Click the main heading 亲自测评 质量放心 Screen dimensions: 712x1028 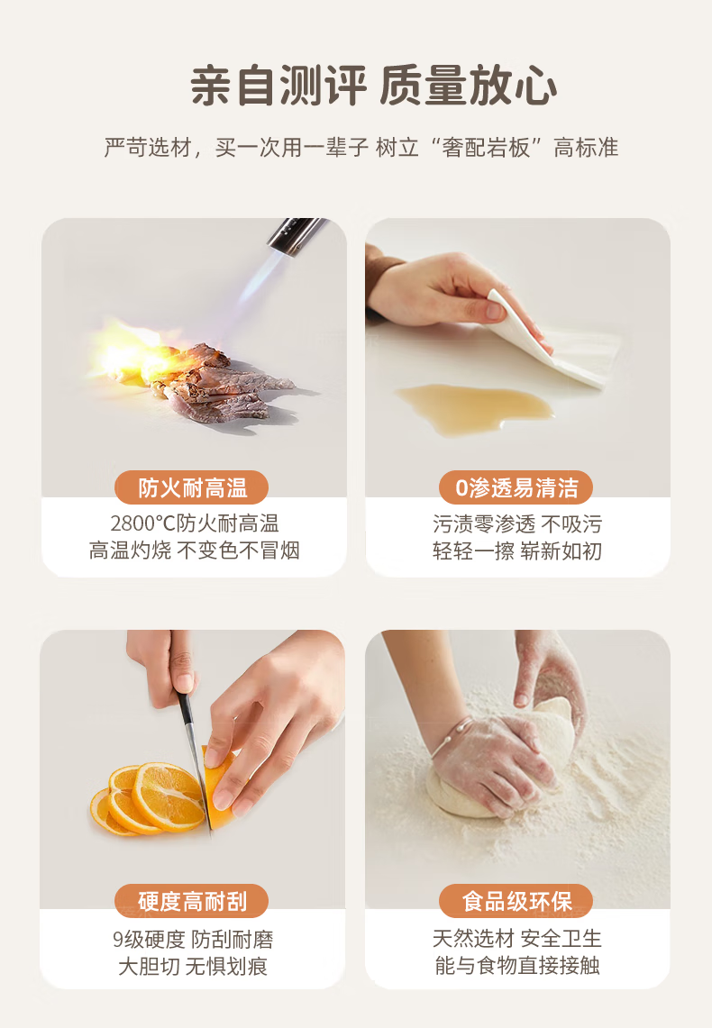tap(374, 86)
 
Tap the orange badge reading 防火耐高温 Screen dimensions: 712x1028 tap(191, 487)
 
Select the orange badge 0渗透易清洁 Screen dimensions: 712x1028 tap(516, 487)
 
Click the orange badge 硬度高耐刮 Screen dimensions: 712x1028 tap(191, 901)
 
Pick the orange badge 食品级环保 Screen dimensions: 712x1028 tap(516, 901)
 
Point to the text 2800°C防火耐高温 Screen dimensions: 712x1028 tap(194, 523)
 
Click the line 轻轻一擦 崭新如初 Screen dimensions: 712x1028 tap(516, 550)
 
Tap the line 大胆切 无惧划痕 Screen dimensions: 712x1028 tap(193, 966)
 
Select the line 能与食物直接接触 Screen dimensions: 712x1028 tap(516, 965)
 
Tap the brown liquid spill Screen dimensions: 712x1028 tap(473, 406)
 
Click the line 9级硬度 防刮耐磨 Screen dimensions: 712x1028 tap(193, 939)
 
